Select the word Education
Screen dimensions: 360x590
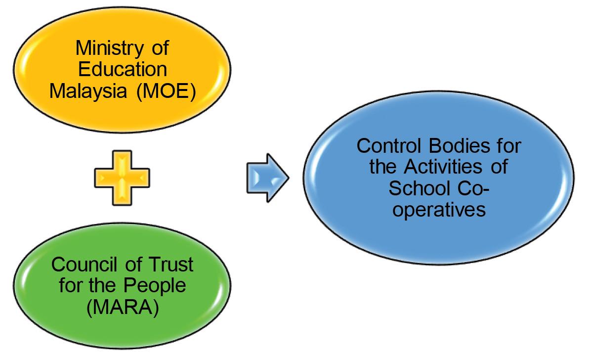122,69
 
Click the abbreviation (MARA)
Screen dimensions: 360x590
122,307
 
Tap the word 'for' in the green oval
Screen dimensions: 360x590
70,286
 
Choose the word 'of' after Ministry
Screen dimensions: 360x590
159,48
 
